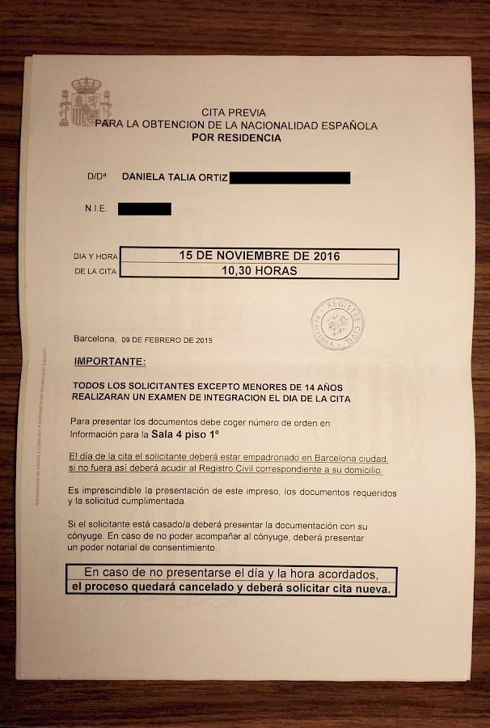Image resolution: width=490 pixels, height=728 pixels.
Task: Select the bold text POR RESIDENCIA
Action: click(x=236, y=138)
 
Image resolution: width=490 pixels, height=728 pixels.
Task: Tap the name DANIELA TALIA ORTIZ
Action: click(x=174, y=176)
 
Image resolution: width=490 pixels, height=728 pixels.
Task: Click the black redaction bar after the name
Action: click(x=289, y=177)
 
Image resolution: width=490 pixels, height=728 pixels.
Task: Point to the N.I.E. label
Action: click(x=96, y=209)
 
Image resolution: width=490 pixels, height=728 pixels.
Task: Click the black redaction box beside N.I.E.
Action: click(x=144, y=209)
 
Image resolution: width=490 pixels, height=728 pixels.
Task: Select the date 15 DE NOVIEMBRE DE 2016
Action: click(x=259, y=256)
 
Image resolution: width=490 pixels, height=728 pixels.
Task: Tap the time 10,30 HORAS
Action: click(x=259, y=271)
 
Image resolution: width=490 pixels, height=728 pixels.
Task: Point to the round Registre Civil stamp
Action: click(x=337, y=325)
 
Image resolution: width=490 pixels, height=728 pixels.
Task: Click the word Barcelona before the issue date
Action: click(x=95, y=340)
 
